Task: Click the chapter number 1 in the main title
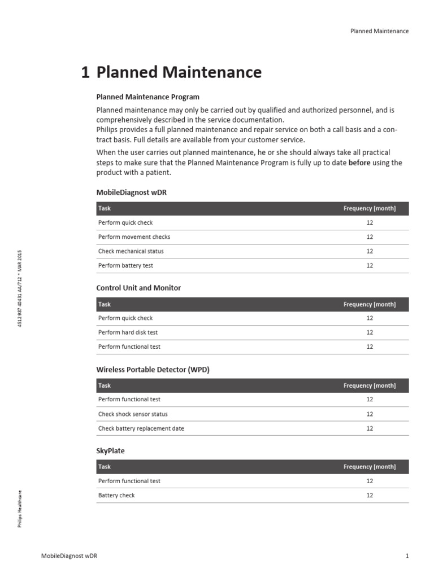coord(85,72)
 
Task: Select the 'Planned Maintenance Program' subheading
coord(147,97)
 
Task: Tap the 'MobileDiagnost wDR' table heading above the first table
coord(131,192)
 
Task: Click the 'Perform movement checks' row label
coord(134,237)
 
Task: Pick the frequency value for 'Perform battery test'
coord(370,265)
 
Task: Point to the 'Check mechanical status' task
coord(131,251)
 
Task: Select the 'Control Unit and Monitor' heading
coord(138,288)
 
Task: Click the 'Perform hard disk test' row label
coord(128,332)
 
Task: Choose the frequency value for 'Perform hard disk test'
coord(370,332)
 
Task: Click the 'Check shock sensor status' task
coord(133,414)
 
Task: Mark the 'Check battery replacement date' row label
coord(141,428)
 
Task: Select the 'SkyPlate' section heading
coord(111,451)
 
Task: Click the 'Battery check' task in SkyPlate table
coord(116,495)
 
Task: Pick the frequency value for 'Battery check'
coord(370,495)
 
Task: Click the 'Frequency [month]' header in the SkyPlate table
coord(370,467)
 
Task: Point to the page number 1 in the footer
coord(407,556)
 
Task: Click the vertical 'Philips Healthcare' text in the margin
coord(20,509)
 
